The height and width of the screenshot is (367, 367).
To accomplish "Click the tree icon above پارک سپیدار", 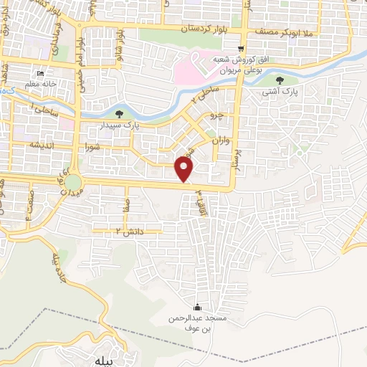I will [119, 113].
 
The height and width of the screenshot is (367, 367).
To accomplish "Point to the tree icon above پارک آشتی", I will [290, 80].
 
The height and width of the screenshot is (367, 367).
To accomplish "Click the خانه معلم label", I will [40, 85].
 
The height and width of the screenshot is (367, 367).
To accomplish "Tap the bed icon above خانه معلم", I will [41, 74].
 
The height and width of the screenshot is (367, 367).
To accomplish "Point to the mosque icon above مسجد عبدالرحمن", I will [198, 308].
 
